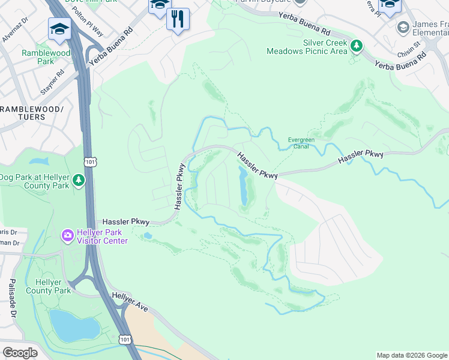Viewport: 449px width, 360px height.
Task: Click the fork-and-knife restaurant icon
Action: point(178,20)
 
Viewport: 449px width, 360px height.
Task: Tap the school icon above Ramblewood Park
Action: point(59,30)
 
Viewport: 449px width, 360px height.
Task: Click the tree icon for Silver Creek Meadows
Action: point(357,46)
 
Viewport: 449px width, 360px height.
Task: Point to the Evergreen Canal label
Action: point(301,143)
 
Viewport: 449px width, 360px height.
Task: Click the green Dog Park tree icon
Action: point(78,180)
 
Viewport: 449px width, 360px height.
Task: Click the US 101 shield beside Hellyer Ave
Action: point(124,340)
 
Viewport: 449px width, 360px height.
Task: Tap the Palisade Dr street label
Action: point(11,298)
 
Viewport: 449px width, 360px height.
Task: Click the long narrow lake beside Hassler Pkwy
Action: point(244,186)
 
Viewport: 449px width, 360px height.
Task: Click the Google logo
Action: point(20,352)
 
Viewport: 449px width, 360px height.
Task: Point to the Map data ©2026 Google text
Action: point(412,355)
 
